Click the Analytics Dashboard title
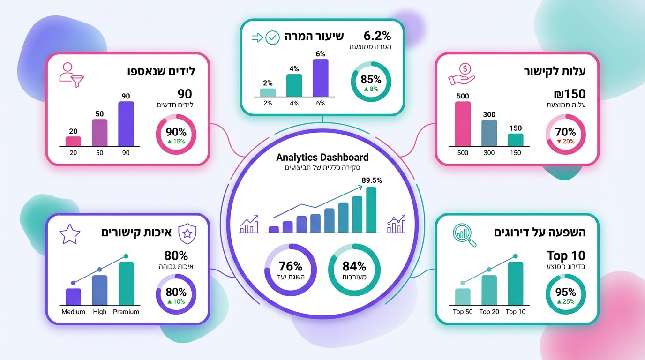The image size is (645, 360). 322,157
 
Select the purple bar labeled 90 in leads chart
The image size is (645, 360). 126,124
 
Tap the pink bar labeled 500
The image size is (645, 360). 462,124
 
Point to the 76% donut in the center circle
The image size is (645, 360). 291,270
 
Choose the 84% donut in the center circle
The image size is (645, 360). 354,270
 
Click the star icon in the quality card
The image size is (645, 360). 70,233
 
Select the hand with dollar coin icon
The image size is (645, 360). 461,73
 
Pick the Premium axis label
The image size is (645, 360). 126,312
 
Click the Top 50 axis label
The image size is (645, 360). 463,312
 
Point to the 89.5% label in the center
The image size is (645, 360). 371,180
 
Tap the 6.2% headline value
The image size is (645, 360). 376,36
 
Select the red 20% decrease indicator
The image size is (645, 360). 565,142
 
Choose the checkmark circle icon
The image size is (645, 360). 272,38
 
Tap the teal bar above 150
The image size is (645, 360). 515,140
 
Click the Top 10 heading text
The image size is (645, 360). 566,256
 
